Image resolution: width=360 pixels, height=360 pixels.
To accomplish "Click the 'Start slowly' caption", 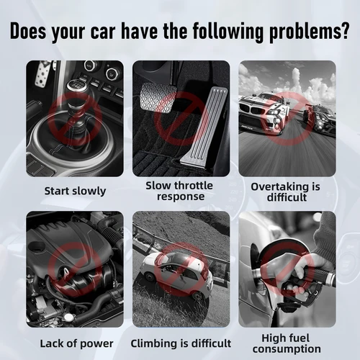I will coord(75,191).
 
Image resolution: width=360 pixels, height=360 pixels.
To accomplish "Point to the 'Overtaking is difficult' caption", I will coord(285,191).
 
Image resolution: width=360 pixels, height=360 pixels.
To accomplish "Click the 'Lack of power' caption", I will coord(75,343).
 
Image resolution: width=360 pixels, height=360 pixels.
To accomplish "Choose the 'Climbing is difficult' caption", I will coord(181,343).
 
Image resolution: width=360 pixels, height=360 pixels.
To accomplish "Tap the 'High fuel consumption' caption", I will coord(287,343).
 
